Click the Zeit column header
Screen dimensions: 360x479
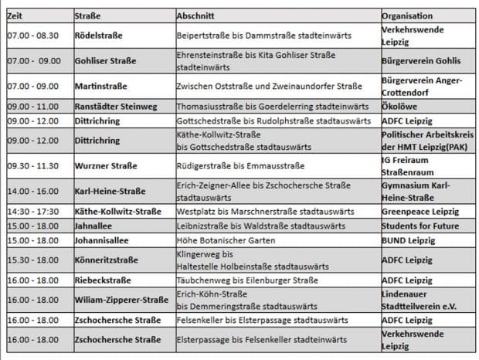point(15,15)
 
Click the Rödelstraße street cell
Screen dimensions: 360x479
point(99,36)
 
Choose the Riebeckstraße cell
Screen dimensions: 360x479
point(103,280)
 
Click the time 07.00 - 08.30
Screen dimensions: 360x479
point(32,36)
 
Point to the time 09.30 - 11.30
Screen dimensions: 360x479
point(32,165)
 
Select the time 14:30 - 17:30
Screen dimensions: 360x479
point(33,212)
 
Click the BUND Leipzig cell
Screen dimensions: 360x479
point(409,240)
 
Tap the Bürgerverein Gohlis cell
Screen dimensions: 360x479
point(421,60)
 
